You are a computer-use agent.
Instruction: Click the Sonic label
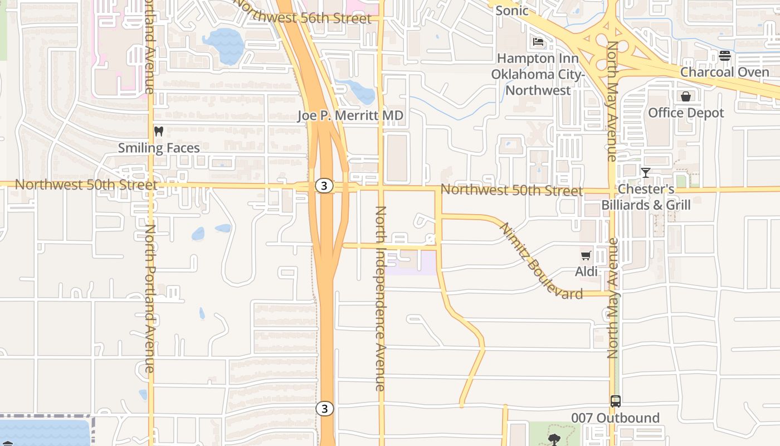click(511, 10)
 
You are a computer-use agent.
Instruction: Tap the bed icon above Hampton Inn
click(538, 42)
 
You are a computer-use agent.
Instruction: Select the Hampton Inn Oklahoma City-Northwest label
click(538, 74)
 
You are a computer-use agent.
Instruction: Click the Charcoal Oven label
click(724, 72)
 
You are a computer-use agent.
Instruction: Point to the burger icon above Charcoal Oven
click(724, 55)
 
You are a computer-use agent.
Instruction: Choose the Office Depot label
click(686, 113)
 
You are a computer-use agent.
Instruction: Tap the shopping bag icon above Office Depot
click(686, 96)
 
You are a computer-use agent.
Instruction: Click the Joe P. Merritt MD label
click(350, 116)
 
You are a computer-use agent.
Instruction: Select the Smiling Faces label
click(159, 148)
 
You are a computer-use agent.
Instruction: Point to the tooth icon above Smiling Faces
click(159, 132)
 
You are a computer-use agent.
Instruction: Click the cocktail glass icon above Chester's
click(645, 173)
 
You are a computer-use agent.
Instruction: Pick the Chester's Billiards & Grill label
click(646, 197)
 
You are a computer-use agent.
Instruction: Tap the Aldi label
click(586, 272)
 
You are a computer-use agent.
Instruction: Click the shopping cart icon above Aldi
click(586, 256)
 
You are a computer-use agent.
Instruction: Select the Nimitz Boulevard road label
click(541, 261)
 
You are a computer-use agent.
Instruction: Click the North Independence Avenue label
click(381, 298)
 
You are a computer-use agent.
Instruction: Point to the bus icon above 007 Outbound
click(616, 401)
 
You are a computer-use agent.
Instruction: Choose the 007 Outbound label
click(615, 418)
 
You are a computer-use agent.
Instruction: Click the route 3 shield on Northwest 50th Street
click(324, 186)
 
